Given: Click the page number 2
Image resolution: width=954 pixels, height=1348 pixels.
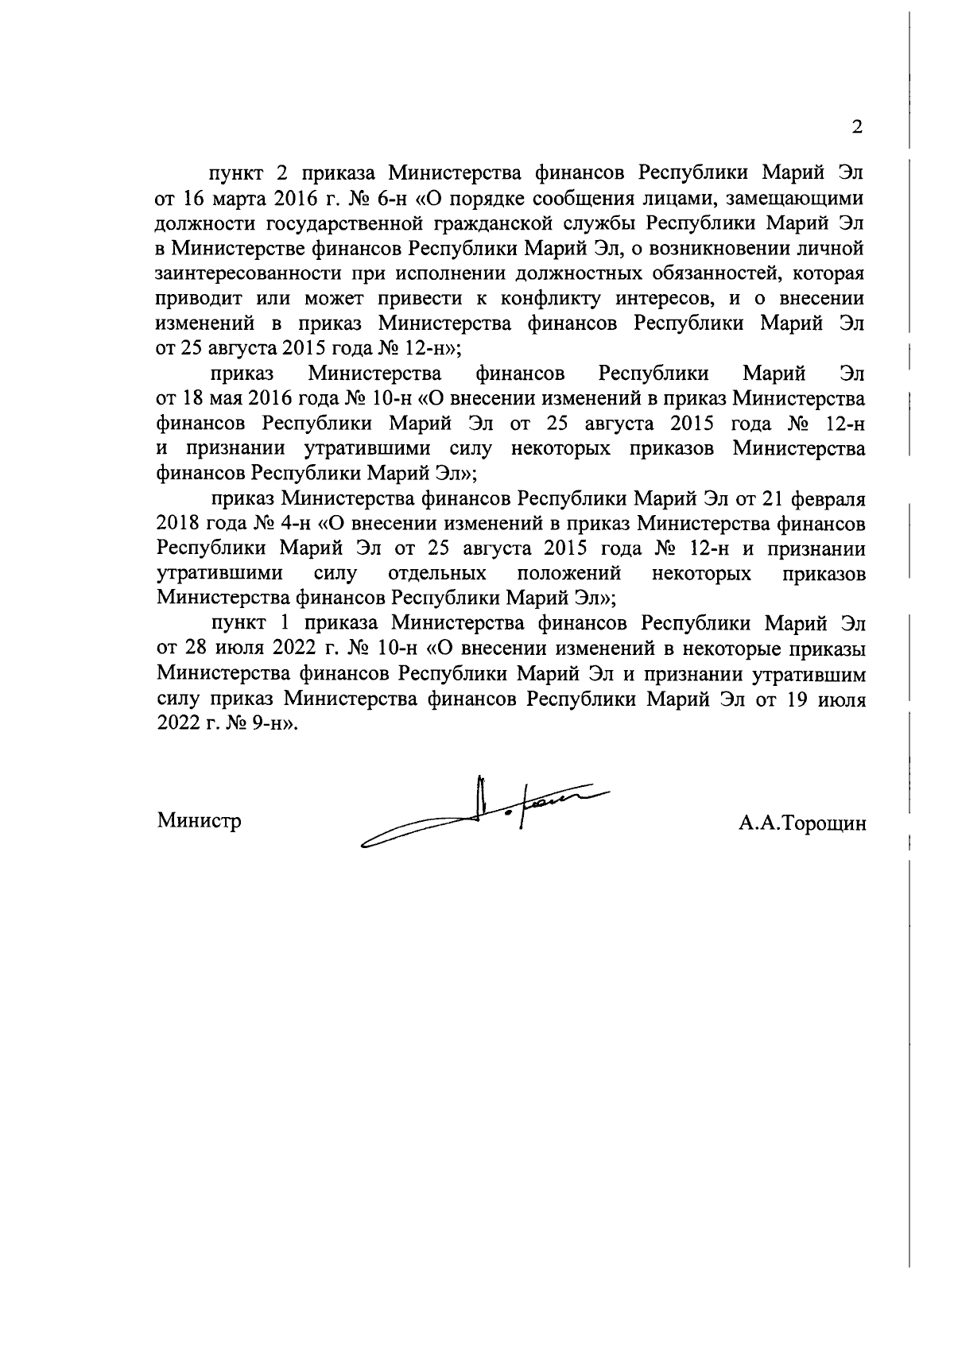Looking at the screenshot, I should [856, 127].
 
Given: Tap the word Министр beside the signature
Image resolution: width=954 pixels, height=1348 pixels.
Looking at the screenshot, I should [199, 819].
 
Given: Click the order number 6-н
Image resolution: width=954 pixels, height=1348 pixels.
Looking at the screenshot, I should [387, 198].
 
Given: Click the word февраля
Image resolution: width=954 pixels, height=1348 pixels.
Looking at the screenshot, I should [829, 499].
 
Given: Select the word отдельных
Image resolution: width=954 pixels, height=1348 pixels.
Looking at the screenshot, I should [437, 574].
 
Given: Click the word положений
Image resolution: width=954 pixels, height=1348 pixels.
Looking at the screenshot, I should [568, 574].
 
